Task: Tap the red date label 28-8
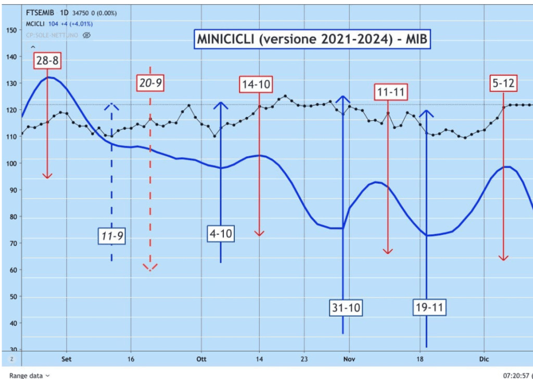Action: [47, 61]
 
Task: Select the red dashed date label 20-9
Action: [150, 82]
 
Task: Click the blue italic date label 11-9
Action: [112, 236]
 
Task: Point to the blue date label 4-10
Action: [221, 234]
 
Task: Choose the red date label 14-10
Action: [257, 84]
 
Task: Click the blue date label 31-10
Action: [346, 307]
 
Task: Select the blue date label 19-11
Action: [429, 307]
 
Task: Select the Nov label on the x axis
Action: [349, 359]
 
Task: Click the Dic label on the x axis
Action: [484, 359]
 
